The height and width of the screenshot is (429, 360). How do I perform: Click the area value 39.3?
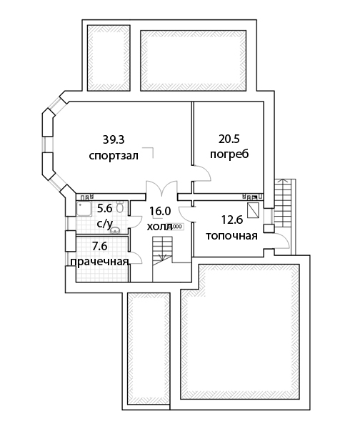[114, 139]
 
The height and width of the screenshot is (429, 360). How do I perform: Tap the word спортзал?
[114, 156]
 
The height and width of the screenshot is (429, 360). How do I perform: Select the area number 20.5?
[229, 139]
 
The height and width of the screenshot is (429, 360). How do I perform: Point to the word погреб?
[229, 154]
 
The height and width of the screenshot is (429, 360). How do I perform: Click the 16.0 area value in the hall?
[160, 211]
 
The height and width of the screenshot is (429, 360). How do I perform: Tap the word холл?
[160, 227]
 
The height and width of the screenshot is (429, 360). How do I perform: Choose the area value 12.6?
[232, 220]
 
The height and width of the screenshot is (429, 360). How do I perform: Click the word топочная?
[232, 235]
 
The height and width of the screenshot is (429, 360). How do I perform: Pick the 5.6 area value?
[105, 209]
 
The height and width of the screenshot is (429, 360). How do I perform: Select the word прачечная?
[99, 262]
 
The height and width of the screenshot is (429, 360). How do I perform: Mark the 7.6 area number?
[100, 246]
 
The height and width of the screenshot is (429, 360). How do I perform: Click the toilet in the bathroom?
[120, 207]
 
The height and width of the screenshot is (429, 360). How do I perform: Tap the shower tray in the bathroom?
[84, 209]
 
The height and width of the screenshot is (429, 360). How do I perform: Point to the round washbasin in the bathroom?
[115, 231]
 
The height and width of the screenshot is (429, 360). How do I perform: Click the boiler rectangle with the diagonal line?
[253, 210]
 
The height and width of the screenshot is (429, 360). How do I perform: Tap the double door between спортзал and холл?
[161, 188]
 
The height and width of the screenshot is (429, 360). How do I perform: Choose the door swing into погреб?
[202, 173]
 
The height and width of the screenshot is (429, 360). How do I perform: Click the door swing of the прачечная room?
[136, 257]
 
